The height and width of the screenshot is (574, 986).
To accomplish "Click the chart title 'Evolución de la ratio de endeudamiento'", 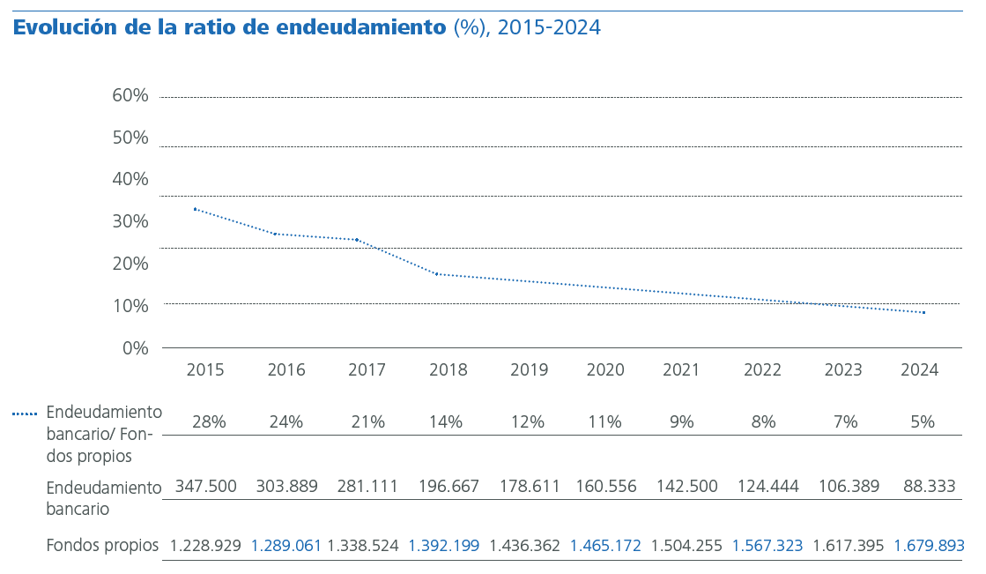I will tap(229, 27).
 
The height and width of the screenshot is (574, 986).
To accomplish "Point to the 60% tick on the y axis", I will tap(130, 95).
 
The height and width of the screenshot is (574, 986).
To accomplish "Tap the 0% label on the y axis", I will tap(135, 347).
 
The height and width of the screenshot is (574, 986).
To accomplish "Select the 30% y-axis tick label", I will tap(130, 221).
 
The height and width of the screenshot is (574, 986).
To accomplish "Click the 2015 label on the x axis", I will tap(205, 370).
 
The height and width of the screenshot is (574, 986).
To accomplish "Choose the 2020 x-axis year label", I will tap(605, 370).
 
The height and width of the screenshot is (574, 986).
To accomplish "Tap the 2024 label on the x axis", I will tap(919, 370).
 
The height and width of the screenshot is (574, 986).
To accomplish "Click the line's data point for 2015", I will tap(195, 209).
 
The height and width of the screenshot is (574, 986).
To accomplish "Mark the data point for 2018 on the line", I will tap(436, 274).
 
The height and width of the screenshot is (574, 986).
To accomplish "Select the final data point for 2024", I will tap(923, 312).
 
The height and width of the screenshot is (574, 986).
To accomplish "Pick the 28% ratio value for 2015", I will tap(210, 422).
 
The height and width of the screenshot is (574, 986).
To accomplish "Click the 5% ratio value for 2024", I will tap(923, 422).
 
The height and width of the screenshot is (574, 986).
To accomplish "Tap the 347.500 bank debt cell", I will tap(206, 487).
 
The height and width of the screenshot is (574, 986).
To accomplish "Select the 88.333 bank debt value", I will tap(930, 487).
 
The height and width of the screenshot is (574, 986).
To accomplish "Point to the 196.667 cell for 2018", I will tap(449, 487).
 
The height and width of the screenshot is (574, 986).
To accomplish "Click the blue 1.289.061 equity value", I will tap(286, 546).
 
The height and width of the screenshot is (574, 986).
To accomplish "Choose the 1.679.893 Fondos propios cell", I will tap(929, 546).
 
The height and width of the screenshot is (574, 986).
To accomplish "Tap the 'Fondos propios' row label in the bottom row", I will tap(102, 546).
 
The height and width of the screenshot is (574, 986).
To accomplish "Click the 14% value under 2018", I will tap(446, 422).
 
